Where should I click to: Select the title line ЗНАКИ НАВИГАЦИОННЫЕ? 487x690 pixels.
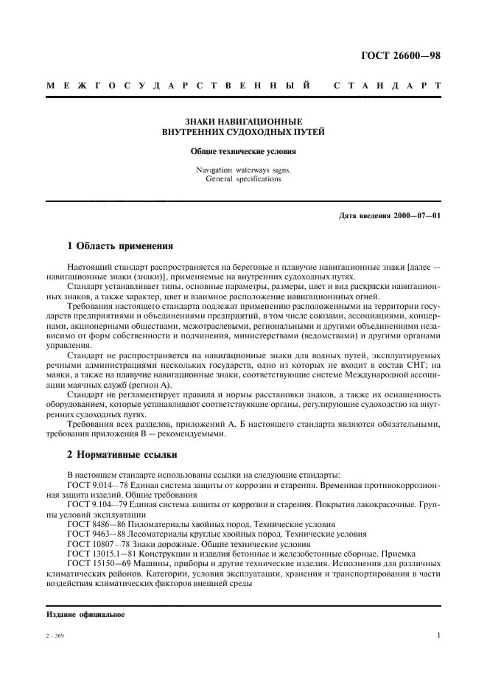[x=243, y=122]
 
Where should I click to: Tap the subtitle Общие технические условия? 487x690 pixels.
[x=243, y=152]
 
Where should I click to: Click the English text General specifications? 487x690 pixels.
[x=243, y=178]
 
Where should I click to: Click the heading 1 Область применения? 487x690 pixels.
[x=120, y=247]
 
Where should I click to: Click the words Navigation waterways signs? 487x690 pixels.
[x=243, y=170]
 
